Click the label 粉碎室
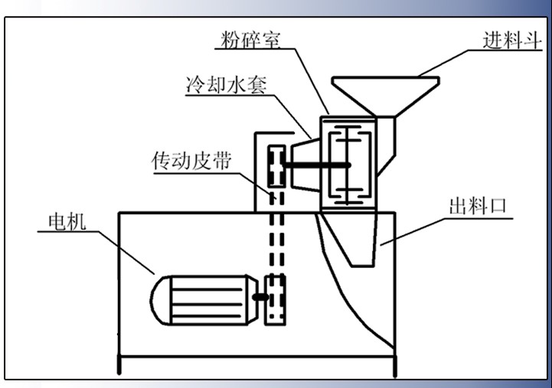click(250, 39)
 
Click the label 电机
click(68, 222)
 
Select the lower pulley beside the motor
click(274, 299)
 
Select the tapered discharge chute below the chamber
click(352, 237)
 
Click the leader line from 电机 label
click(126, 253)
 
